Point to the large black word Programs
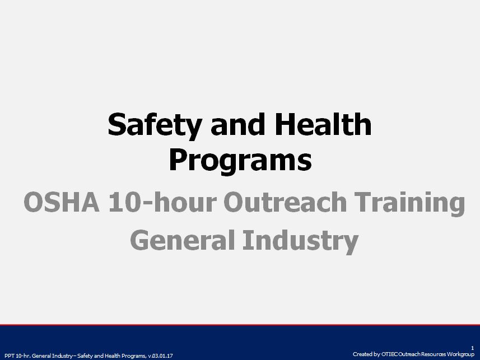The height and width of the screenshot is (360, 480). pos(240,159)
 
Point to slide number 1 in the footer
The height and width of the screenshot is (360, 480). pos(473,348)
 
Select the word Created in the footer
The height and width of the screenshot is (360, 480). pos(363,354)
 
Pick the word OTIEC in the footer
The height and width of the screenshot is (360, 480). pos(390,354)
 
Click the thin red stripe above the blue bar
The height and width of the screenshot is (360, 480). pos(240,324)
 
